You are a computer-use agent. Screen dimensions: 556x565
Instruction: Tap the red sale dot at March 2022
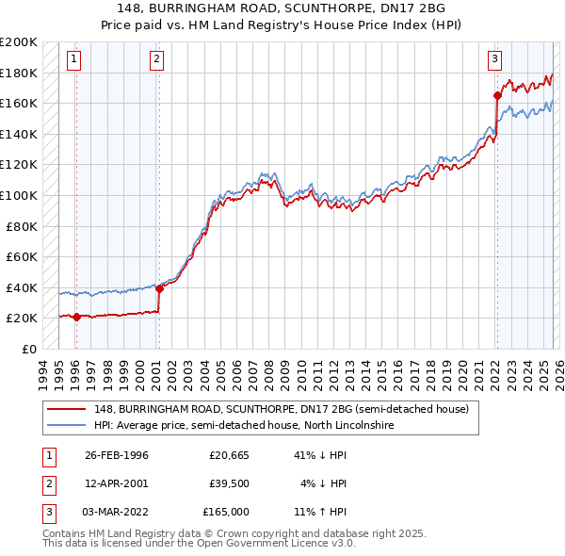click(497, 95)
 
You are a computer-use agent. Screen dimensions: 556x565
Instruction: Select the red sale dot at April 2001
click(159, 288)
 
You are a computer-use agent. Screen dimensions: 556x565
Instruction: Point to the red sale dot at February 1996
click(76, 318)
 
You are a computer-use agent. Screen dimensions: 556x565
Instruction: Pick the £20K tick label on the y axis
click(21, 319)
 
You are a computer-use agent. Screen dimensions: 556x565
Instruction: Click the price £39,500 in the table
click(228, 483)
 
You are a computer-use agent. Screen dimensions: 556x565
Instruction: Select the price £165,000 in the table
click(225, 512)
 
